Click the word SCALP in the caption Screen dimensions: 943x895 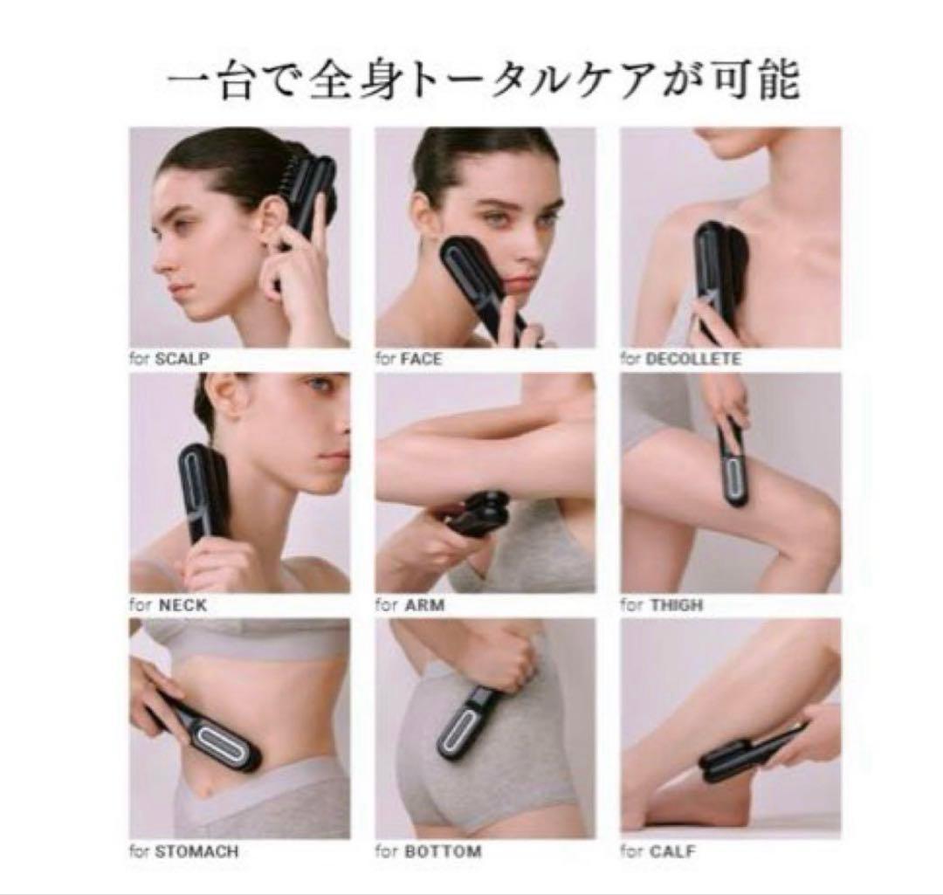click(182, 359)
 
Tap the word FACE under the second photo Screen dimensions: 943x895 click(421, 359)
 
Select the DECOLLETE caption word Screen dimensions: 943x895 click(692, 359)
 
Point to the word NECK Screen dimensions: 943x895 click(182, 605)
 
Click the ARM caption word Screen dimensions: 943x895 click(424, 605)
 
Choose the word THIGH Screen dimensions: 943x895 click(677, 605)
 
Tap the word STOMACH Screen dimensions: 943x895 click(196, 851)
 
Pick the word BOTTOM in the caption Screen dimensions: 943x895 click(444, 851)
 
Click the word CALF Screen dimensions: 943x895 click(672, 851)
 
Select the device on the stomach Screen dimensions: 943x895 click(210, 731)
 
